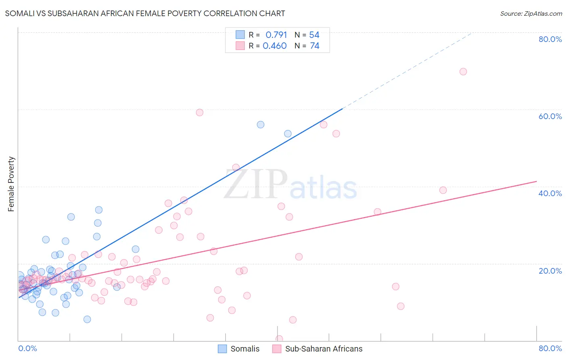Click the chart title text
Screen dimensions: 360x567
tap(145, 13)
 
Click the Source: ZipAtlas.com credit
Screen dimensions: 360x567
tap(531, 14)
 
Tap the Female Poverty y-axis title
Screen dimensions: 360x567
tap(11, 184)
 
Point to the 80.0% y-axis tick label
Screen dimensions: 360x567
tap(550, 39)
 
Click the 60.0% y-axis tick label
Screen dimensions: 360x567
tap(550, 116)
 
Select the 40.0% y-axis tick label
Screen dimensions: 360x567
tap(550, 193)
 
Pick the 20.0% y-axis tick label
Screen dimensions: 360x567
tap(550, 271)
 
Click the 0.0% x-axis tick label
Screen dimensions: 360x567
tap(27, 348)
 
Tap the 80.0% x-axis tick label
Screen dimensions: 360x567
tap(550, 348)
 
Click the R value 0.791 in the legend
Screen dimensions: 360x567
tap(276, 35)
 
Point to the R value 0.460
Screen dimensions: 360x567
tap(275, 46)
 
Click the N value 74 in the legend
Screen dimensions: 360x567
tap(315, 46)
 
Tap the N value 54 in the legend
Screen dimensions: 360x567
tap(314, 35)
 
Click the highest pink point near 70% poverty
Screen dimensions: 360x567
tap(463, 71)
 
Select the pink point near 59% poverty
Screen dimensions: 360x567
tap(199, 113)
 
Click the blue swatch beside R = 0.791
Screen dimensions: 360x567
tap(240, 35)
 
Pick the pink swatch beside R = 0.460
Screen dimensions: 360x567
tap(240, 46)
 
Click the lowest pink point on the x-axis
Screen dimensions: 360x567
tap(279, 339)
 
